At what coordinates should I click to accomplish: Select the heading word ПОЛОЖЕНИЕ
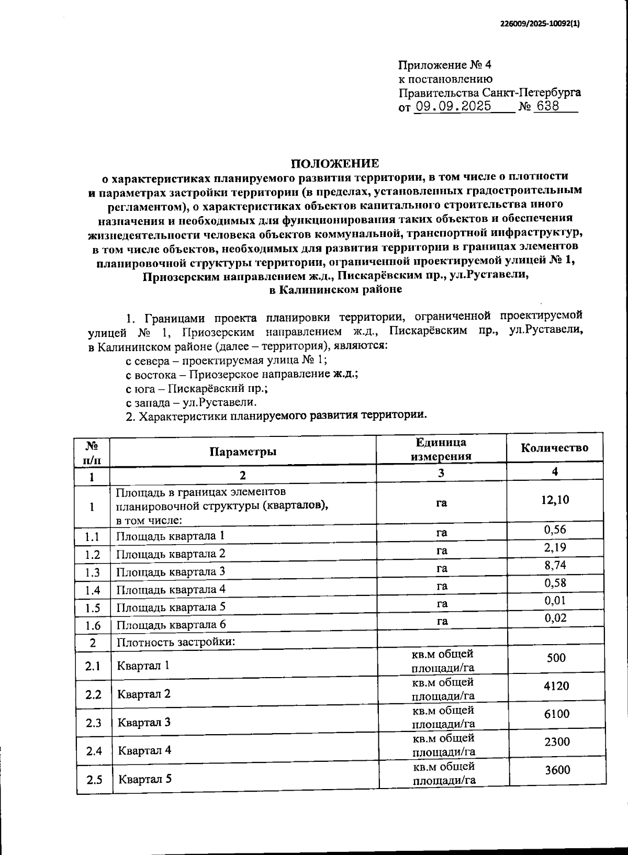click(x=335, y=163)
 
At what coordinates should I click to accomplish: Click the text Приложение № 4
click(x=445, y=65)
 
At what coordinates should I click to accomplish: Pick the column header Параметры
click(x=243, y=452)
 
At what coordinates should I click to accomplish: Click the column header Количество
click(x=554, y=447)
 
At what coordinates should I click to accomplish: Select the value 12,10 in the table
click(x=555, y=500)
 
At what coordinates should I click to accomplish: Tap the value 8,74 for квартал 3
click(x=555, y=565)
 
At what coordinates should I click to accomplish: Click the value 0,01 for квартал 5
click(x=555, y=601)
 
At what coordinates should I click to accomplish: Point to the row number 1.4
click(x=93, y=590)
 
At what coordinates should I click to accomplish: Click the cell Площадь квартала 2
click(x=171, y=554)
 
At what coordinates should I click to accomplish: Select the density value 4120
click(x=556, y=685)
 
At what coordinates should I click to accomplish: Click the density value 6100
click(x=556, y=714)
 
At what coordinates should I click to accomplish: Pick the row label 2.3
click(x=94, y=723)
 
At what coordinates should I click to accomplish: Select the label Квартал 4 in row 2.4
click(x=144, y=750)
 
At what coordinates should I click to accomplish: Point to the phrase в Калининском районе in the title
click(x=335, y=289)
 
